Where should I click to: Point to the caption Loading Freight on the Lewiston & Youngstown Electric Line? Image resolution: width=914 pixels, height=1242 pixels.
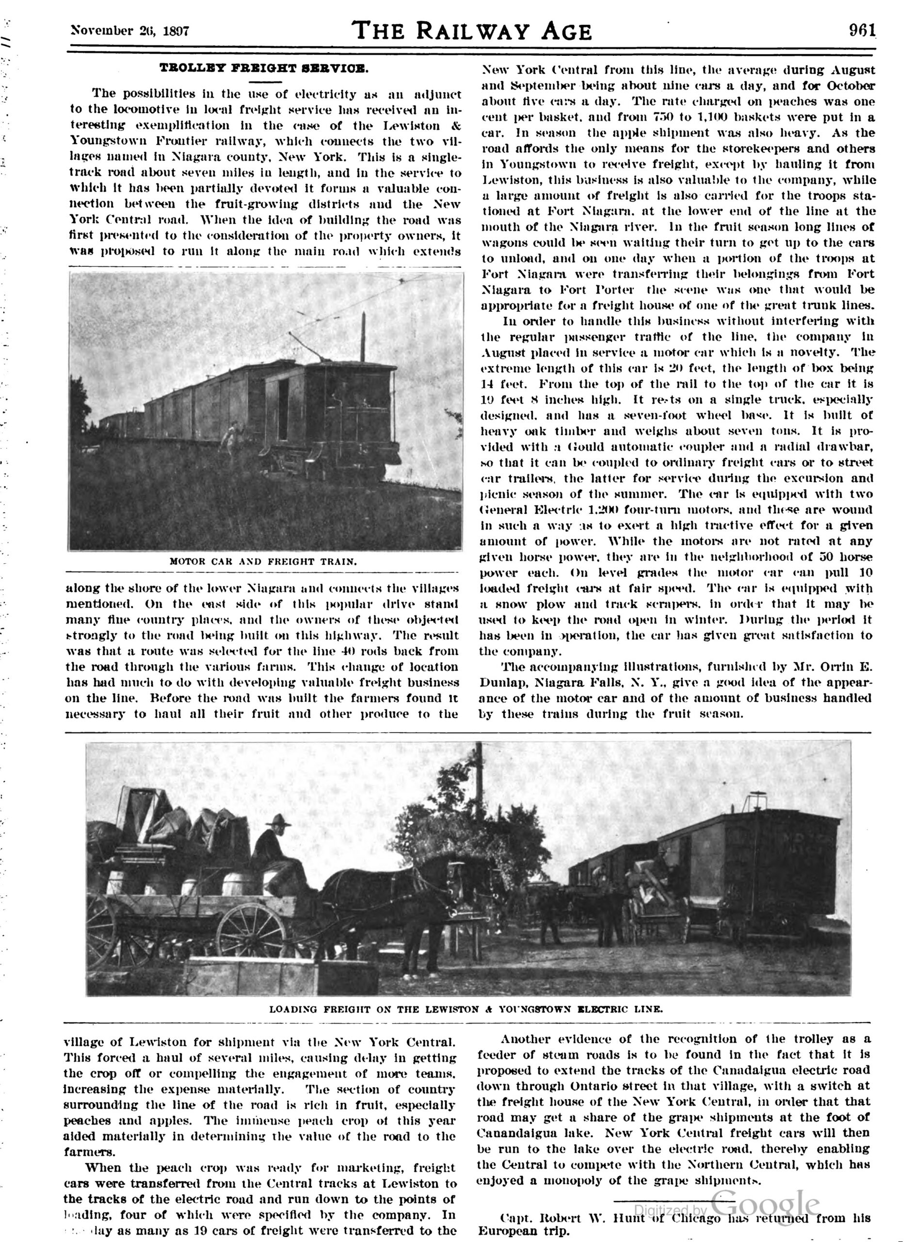(x=466, y=1009)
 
